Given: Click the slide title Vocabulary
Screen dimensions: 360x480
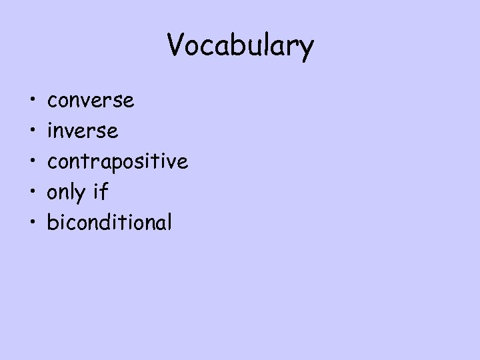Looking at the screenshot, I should [x=240, y=46].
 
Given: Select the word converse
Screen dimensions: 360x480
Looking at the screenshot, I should [x=91, y=101].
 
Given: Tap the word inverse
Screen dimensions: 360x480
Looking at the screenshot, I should [x=83, y=131].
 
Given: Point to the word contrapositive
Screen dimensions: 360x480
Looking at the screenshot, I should [x=117, y=161].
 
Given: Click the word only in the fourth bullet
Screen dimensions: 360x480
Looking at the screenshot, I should [x=67, y=193].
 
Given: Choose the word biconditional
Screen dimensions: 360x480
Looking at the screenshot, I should [x=109, y=222].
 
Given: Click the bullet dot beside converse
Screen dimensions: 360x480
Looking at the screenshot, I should [x=33, y=101].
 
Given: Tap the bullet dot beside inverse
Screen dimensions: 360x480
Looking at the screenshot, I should [x=33, y=132].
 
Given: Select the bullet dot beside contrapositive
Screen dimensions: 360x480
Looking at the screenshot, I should [x=33, y=162].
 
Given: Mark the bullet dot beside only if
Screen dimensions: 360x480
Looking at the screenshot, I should [x=33, y=193].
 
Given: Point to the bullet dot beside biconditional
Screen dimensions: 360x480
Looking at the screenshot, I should [x=33, y=223].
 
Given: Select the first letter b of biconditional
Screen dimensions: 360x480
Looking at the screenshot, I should [x=51, y=221].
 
